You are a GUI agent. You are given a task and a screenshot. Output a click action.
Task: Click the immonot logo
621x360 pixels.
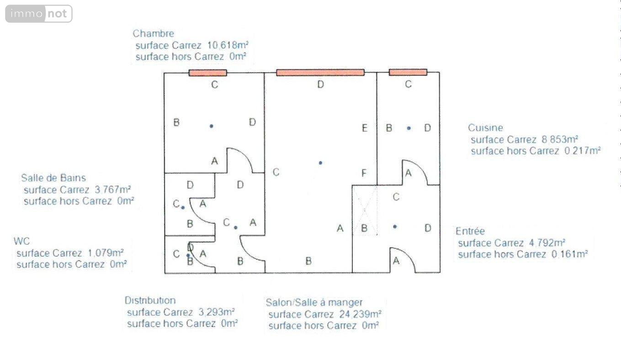[x=39, y=14]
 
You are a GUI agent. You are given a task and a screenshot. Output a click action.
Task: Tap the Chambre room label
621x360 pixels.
[x=153, y=33]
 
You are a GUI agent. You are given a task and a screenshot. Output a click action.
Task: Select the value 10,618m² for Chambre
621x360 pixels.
[x=228, y=45]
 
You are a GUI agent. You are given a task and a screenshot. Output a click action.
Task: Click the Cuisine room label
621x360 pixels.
[x=485, y=128]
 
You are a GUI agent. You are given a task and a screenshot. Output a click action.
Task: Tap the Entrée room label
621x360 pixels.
[x=470, y=231]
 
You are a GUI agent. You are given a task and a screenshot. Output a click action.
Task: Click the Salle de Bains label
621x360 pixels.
[x=53, y=178]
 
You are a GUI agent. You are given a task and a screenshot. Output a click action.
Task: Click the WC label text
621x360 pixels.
[x=22, y=241]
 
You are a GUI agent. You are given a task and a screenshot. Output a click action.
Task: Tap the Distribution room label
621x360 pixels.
[x=150, y=301]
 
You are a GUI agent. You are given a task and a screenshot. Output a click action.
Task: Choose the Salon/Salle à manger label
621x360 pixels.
[x=314, y=302]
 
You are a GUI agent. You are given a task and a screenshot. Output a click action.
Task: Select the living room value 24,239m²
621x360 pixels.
[x=361, y=314]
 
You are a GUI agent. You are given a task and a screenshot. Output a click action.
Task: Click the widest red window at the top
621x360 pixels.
[x=320, y=72]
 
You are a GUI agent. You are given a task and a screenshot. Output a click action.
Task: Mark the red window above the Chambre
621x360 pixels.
[x=208, y=72]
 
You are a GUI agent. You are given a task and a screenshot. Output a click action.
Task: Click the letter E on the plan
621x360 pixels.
[x=364, y=128]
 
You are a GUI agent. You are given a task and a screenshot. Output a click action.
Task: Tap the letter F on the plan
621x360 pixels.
[x=364, y=173]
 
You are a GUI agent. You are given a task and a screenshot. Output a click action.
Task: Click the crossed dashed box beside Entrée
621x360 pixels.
[x=364, y=210]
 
